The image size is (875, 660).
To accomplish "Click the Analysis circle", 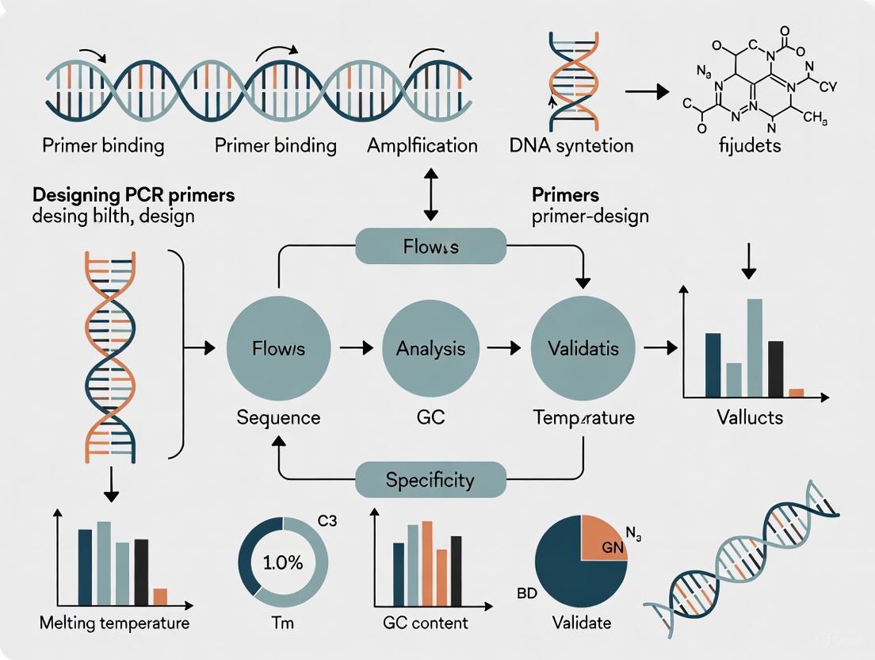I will pos(430,347).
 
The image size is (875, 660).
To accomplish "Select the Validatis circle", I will pos(584,347).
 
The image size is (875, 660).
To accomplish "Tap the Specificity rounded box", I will pos(430,479).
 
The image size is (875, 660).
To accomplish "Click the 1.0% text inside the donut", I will pos(282,564).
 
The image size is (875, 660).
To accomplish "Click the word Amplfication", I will pos(422,146).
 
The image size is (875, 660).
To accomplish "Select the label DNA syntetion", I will pos(583,146).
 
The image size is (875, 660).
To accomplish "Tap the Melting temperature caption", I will pos(114,623).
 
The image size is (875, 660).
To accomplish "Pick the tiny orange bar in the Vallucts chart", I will pos(796,392).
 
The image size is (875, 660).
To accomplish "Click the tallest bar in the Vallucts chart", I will pos(755,347).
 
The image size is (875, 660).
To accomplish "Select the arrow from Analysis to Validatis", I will pos(504,347).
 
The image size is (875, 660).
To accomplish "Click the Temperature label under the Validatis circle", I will pos(583,417).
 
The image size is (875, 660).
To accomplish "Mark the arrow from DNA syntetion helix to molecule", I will pos(648,92).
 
